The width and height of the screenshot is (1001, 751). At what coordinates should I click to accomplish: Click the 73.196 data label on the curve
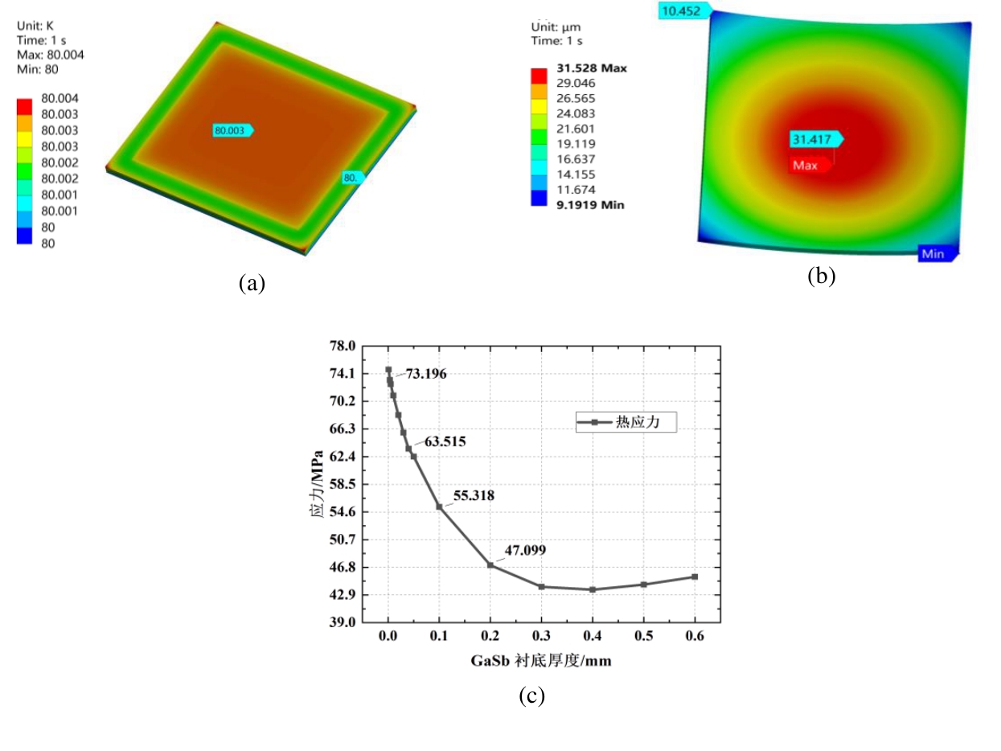pos(425,374)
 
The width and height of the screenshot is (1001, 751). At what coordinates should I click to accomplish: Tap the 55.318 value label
pos(474,496)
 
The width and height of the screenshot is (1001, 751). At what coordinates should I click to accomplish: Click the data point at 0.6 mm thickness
pos(695,577)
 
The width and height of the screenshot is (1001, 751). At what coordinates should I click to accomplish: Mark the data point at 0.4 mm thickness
pos(593,589)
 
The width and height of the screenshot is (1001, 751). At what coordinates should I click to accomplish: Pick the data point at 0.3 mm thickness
pos(542,587)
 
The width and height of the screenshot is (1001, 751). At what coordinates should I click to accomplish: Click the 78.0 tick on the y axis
pos(341,346)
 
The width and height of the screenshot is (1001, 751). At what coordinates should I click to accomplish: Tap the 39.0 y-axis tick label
pos(341,622)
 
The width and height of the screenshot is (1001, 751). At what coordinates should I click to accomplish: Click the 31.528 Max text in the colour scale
pos(591,68)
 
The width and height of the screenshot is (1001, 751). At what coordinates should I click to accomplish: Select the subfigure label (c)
pos(531,696)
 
